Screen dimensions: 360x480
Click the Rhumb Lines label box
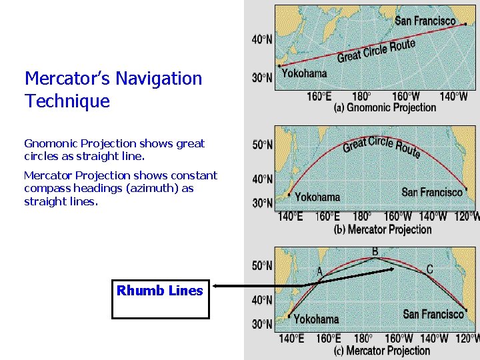[x=160, y=291]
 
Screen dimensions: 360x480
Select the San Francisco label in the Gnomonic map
[x=425, y=21]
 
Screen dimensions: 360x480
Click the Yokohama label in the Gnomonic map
[x=304, y=73]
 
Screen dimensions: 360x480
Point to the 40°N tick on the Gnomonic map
[x=262, y=39]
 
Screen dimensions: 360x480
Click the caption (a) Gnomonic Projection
[x=385, y=107]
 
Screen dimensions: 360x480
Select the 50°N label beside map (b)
[x=262, y=144]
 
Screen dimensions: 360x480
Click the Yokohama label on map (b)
[x=317, y=197]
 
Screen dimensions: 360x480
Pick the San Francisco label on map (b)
[x=432, y=192]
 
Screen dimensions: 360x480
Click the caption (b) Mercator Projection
[x=383, y=229]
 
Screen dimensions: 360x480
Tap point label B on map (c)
[x=375, y=251]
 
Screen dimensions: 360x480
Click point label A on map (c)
[x=319, y=271]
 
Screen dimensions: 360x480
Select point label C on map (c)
[x=429, y=269]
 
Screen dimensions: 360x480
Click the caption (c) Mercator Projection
[x=383, y=351]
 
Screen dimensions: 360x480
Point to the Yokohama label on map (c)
[x=316, y=319]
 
